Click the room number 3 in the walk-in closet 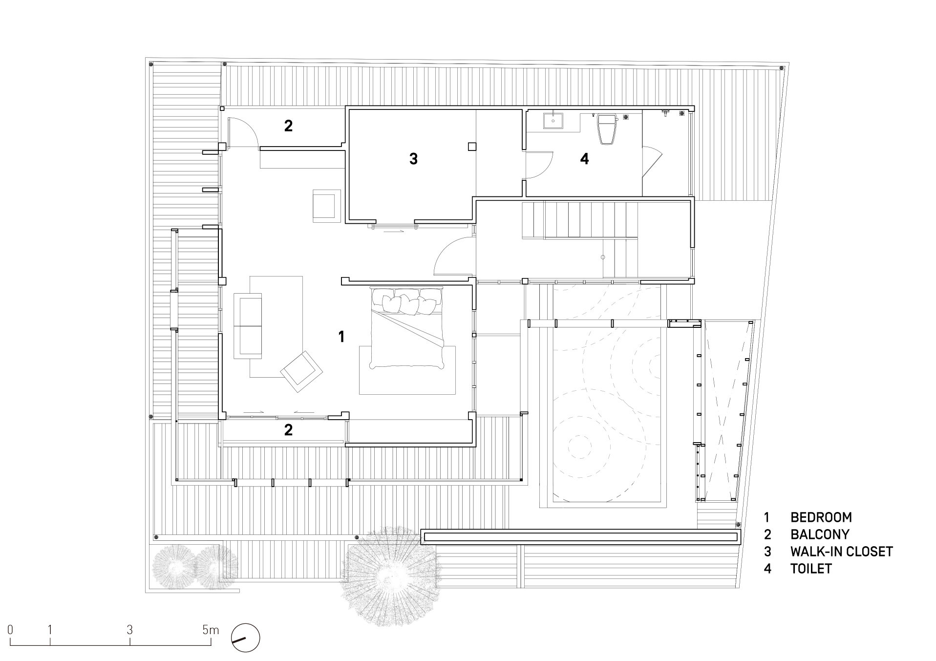click(x=413, y=159)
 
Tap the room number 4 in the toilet click(x=584, y=159)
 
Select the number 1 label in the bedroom click(x=341, y=336)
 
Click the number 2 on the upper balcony click(x=288, y=126)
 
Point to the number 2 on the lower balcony click(x=288, y=430)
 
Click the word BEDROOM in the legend click(x=821, y=517)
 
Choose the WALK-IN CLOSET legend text click(x=842, y=552)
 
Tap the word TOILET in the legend click(x=811, y=569)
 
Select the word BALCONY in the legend click(x=820, y=534)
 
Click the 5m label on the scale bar click(x=211, y=630)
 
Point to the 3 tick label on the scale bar click(x=129, y=630)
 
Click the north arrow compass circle click(x=246, y=638)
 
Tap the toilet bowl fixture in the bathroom click(x=608, y=129)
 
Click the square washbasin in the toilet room click(x=553, y=121)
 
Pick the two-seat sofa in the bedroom click(x=248, y=326)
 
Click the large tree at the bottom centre click(x=389, y=576)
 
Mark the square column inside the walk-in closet click(x=472, y=146)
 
